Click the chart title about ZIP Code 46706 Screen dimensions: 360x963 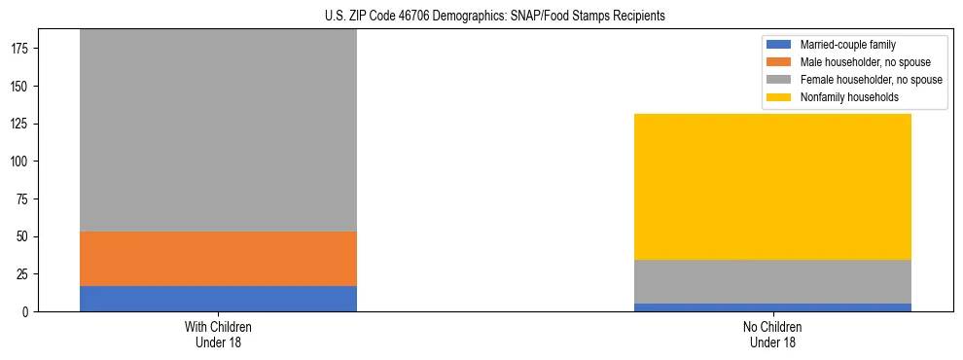(481, 17)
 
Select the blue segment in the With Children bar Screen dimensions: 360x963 (218, 299)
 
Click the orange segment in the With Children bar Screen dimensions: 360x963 (218, 259)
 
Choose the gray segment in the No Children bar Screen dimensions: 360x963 (772, 282)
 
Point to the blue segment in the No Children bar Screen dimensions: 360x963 (772, 307)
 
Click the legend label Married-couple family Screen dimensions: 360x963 (847, 45)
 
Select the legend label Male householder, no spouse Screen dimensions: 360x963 (863, 62)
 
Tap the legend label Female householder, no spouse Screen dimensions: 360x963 (871, 80)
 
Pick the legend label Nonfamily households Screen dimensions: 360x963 (849, 97)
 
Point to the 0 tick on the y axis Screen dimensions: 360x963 (27, 312)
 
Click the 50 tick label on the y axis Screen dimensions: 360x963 (24, 236)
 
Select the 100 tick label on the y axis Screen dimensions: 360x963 (21, 162)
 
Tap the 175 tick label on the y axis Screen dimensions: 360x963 (21, 49)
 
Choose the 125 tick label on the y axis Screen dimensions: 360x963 (21, 124)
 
